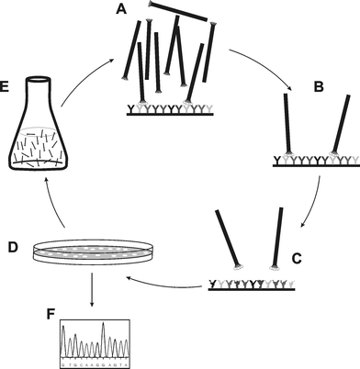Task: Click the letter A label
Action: pos(119,10)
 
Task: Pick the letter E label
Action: pos(8,87)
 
